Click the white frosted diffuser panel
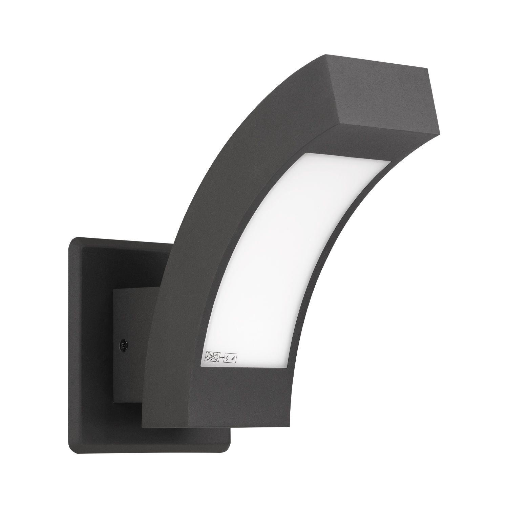pyautogui.click(x=278, y=244)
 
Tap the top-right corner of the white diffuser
pyautogui.click(x=389, y=162)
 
